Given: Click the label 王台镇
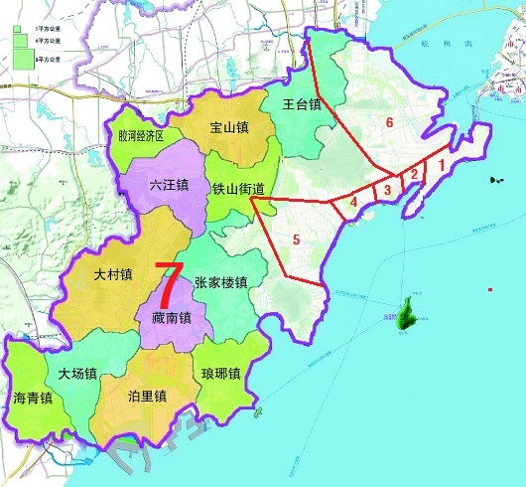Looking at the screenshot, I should tap(302, 103).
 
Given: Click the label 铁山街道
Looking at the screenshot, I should tap(239, 188).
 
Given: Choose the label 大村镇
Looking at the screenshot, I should tap(112, 274).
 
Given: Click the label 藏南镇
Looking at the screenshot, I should tap(172, 317).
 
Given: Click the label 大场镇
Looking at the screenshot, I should tap(76, 375).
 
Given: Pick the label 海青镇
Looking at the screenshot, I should tap(33, 400).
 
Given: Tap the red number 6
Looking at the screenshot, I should tap(390, 122).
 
